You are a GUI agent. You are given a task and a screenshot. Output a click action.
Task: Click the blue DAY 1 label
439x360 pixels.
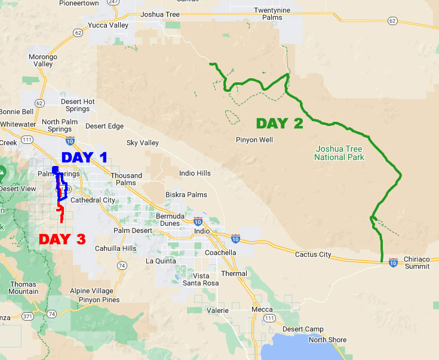point(85,158)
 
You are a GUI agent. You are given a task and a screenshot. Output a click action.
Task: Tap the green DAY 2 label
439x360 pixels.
point(280,124)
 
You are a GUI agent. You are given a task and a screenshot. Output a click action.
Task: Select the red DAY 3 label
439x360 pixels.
point(62,239)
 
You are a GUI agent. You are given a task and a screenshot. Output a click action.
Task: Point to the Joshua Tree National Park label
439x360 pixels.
point(339,153)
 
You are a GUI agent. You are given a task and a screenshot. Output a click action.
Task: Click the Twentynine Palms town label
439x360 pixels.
point(276,14)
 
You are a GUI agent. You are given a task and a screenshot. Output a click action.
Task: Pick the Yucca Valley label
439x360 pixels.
point(108,26)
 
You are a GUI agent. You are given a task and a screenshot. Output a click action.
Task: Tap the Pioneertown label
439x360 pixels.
point(79,3)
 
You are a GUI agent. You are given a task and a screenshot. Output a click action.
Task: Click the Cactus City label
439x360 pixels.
point(313,255)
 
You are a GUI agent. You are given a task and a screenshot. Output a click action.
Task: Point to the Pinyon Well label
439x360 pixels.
point(254,140)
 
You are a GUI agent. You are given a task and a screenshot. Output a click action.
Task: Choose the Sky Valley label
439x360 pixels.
point(143,143)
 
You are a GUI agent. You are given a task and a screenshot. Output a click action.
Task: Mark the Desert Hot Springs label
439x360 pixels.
point(78,105)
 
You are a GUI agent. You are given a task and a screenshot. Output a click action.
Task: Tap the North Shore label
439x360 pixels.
point(327,340)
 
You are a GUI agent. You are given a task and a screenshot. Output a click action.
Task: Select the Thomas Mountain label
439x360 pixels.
point(23,288)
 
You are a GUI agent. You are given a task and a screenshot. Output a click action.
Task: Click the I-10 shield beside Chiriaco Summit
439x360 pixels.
point(393,262)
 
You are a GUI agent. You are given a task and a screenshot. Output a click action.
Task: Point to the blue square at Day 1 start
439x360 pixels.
point(56,170)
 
